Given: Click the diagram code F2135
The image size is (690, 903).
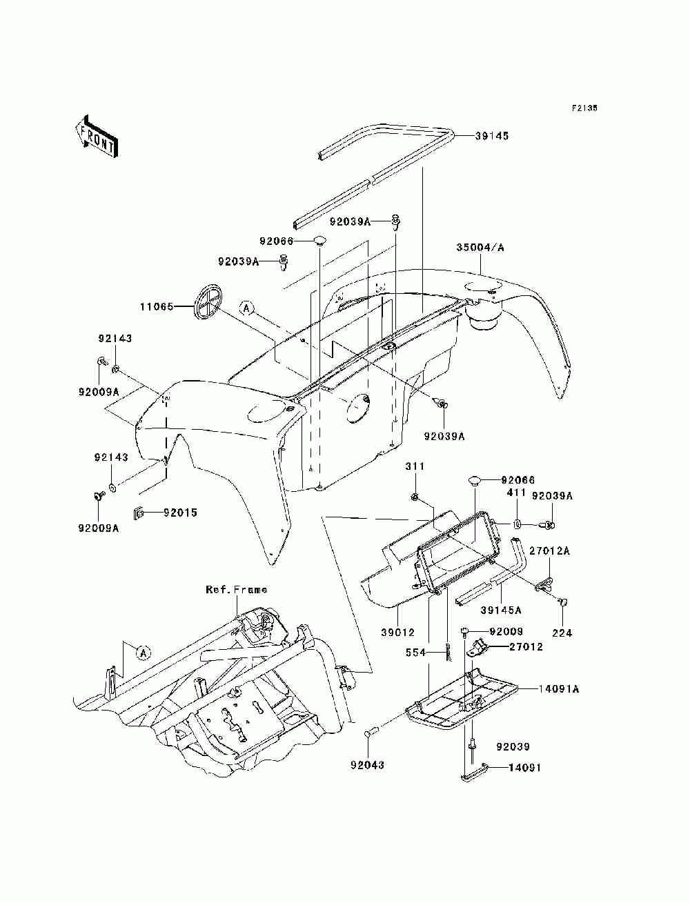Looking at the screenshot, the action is point(584,108).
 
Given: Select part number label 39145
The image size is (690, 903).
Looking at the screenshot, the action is point(492,136).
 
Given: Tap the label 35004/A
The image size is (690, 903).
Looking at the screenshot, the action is point(480,248).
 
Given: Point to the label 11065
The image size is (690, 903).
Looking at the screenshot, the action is point(157,306).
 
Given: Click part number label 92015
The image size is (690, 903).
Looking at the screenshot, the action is point(181,513).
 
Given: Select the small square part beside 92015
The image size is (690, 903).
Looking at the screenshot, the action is point(138,513).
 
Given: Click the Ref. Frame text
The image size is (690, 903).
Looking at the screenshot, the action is point(237,590).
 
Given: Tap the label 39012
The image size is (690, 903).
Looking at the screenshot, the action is point(398,633).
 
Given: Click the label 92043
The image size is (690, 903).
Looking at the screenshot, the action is point(367,765).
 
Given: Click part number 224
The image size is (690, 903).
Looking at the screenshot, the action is point(562,633).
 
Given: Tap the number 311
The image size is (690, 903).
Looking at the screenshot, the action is point(415,466).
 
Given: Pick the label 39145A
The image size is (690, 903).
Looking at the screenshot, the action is point(501,610).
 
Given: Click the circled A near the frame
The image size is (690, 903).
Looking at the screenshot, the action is point(143,653).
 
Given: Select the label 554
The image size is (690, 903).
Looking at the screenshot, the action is point(416,653).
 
